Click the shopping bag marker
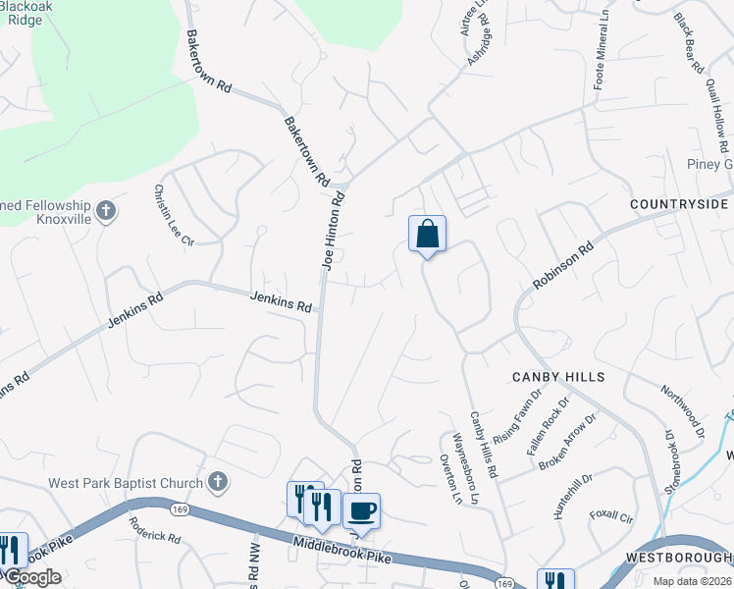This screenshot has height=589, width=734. click(427, 235)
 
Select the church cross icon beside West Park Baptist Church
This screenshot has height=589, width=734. click(219, 483)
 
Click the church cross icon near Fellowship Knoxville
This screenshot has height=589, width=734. click(107, 210)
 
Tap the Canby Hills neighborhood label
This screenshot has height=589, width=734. click(556, 377)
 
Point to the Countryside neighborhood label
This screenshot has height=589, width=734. click(680, 205)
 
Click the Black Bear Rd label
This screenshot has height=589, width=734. click(688, 43)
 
